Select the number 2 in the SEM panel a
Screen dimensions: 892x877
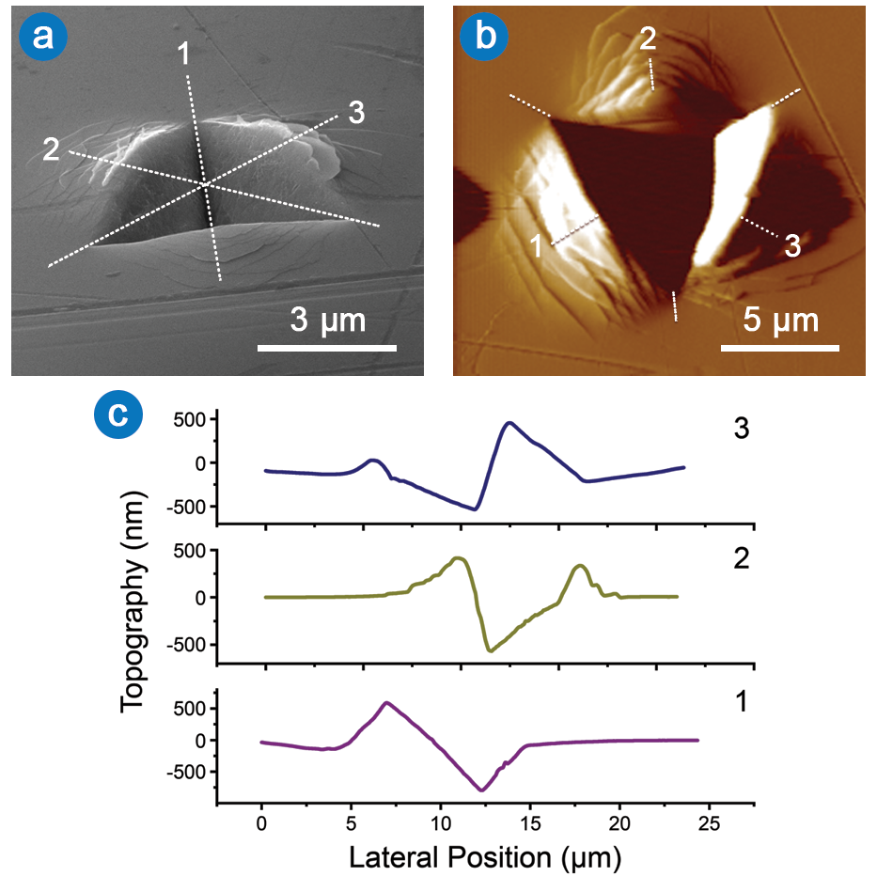52,148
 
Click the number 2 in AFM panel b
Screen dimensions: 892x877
648,39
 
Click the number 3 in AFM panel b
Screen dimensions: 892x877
791,246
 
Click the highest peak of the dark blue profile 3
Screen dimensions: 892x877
509,423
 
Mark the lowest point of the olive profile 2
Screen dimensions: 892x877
490,650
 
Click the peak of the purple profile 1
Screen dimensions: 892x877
386,702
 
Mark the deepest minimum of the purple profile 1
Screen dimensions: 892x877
482,790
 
